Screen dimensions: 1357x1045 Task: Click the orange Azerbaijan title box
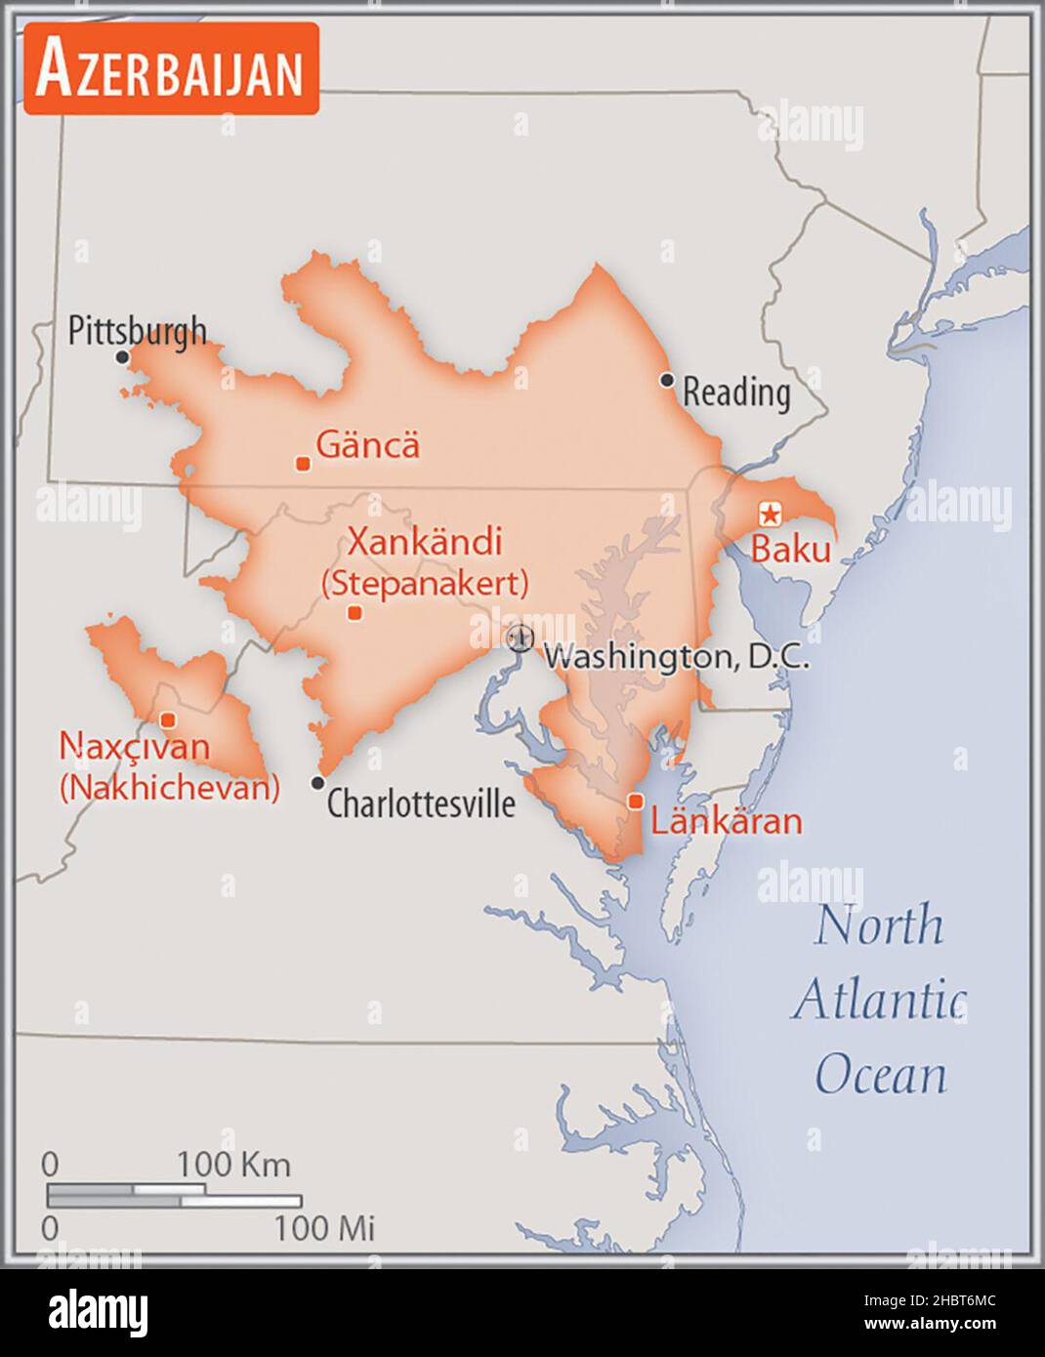tap(171, 68)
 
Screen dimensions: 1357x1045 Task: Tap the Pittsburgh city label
tap(138, 330)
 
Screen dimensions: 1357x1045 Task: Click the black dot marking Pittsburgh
tap(122, 357)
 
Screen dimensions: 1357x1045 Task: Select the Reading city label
tap(735, 392)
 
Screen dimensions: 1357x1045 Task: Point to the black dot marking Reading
tap(667, 380)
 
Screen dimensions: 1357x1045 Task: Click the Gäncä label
tap(368, 445)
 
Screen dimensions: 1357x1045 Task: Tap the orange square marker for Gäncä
tap(303, 464)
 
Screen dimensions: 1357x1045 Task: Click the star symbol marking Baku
tap(771, 513)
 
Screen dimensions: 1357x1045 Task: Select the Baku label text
tap(790, 550)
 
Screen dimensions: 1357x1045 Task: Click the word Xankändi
tap(425, 541)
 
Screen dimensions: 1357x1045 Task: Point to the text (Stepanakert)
tap(425, 583)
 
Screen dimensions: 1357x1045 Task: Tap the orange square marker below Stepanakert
tap(355, 613)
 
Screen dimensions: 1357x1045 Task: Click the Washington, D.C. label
tap(676, 656)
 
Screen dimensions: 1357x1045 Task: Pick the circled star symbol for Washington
tap(521, 638)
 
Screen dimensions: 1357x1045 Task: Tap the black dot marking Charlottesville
tap(317, 783)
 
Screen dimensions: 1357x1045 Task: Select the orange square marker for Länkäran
tap(636, 802)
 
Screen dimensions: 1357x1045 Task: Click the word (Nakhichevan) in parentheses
tap(169, 788)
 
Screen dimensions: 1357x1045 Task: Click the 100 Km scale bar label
tap(233, 1165)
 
